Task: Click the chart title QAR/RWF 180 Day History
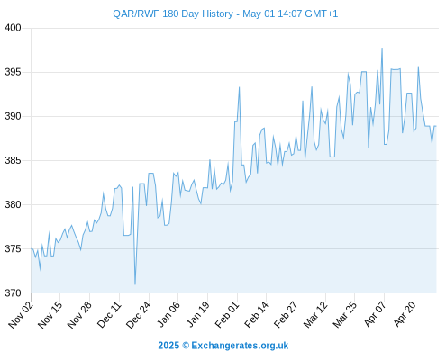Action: [173, 13]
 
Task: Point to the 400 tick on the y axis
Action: [13, 28]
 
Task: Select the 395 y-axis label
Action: [13, 72]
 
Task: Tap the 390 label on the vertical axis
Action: [13, 116]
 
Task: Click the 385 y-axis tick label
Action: [13, 160]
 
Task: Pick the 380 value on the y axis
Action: [13, 204]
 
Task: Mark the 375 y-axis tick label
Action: [13, 248]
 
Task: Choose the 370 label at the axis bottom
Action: [13, 292]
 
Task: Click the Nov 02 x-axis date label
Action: [21, 314]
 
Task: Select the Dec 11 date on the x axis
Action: [109, 314]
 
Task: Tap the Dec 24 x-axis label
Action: [139, 314]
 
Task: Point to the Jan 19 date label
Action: [197, 314]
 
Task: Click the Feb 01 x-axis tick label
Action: [227, 314]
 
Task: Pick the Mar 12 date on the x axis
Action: [315, 314]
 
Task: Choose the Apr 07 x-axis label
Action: [375, 314]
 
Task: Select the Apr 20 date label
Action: [405, 314]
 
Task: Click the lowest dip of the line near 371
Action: [135, 284]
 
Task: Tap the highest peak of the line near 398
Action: [382, 48]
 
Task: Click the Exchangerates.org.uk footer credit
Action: [240, 346]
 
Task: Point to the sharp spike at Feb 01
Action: [239, 87]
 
